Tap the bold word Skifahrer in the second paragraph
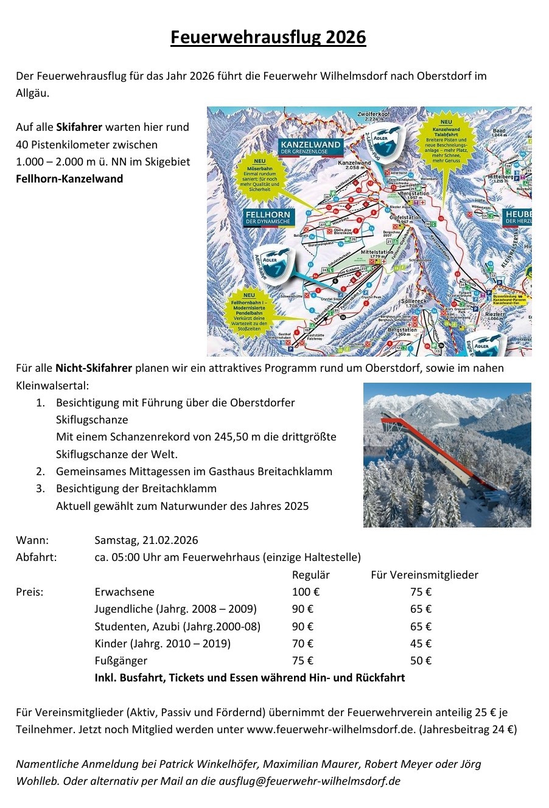79,127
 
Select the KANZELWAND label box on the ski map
310,147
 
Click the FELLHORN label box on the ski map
268,217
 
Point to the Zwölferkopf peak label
374,116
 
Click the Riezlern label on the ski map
495,315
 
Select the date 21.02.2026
170,540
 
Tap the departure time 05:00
126,557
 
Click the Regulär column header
310,575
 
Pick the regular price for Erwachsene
306,592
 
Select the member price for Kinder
421,644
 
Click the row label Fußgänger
121,661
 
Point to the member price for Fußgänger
421,661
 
